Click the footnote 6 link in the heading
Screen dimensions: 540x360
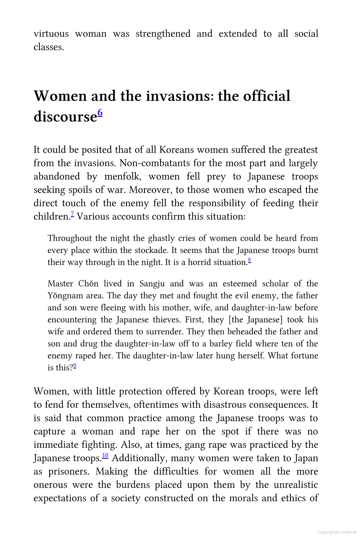point(100,113)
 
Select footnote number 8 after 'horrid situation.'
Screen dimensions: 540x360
point(249,261)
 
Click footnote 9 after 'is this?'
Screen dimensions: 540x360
point(75,366)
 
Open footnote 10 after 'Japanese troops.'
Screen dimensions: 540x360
point(105,456)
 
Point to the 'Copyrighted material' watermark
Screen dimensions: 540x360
point(337,532)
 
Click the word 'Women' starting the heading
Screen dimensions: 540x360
point(60,96)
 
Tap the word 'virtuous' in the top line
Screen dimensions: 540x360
point(51,34)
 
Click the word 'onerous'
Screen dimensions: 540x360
point(50,485)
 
